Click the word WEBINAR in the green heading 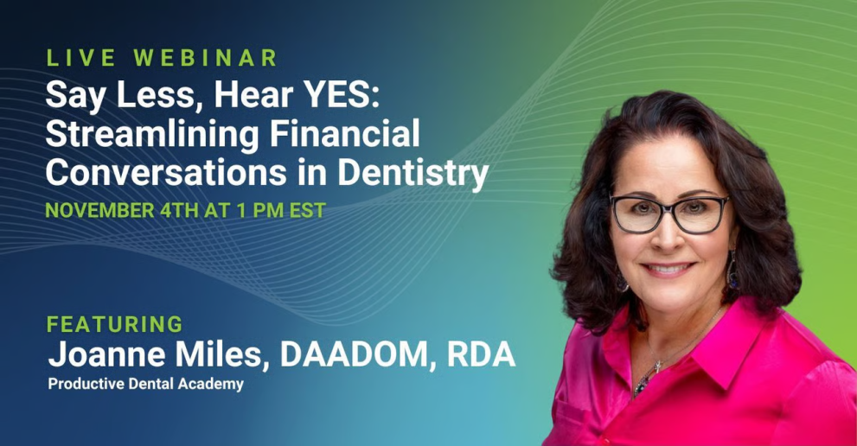pos(206,58)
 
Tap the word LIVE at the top pos(81,58)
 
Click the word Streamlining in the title pos(152,135)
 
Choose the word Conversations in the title pos(167,172)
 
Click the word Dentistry pos(413,174)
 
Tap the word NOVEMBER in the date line pos(100,210)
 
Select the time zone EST pos(307,210)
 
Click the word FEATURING pos(115,324)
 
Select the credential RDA pos(481,354)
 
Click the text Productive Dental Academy pos(146,384)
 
